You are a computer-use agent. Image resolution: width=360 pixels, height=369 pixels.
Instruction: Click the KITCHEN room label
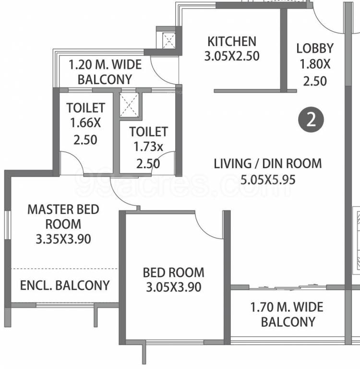(231, 41)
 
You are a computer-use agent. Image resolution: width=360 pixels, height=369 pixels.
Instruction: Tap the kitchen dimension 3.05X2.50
(231, 56)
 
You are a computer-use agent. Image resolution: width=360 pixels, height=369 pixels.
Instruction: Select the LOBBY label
(314, 48)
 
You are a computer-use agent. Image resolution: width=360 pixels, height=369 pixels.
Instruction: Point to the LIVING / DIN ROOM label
(267, 163)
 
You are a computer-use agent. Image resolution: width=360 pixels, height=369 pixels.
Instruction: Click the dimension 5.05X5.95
(267, 180)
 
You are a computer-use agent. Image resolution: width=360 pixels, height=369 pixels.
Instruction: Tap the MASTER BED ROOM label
(63, 216)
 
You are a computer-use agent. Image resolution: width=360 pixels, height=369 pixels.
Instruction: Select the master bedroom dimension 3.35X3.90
(63, 239)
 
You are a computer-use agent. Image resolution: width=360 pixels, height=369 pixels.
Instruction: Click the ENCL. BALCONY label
(65, 285)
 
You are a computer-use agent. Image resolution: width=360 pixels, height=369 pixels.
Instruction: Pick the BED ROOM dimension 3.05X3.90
(173, 287)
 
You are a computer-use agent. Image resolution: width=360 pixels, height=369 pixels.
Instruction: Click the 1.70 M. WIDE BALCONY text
(288, 314)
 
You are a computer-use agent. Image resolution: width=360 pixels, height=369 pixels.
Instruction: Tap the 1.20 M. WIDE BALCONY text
(105, 72)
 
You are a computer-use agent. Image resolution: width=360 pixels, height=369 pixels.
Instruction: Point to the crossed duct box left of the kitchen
(169, 40)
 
